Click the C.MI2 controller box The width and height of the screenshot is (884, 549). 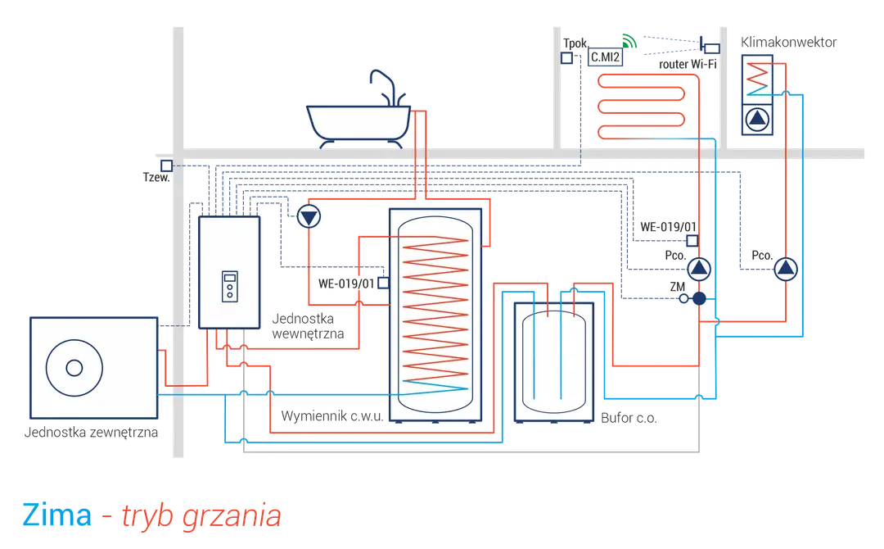pos(605,57)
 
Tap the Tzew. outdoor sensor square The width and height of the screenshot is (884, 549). pos(166,166)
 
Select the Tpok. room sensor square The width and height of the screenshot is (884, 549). pos(566,57)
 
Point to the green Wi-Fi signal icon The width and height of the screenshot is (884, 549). pos(629,41)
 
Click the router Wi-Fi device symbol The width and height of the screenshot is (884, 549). pos(709,46)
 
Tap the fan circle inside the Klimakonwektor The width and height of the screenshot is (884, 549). pos(757,119)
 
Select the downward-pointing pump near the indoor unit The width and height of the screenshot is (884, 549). pos(309,216)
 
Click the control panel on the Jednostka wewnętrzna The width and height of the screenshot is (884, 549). pos(229,286)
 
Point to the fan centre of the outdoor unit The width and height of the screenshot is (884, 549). pos(74,368)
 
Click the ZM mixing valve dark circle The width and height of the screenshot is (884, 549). pos(699,298)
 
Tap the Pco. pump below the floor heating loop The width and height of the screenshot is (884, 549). pos(699,269)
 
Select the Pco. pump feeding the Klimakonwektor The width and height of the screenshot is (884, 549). pos(785,269)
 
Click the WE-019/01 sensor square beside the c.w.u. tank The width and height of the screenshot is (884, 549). pos(383,283)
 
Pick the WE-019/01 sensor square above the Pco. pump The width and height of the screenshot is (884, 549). pos(692,241)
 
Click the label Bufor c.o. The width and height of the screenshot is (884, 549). pos(629,418)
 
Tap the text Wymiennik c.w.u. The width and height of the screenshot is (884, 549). pos(332,416)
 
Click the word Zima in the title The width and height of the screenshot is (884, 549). pos(57,515)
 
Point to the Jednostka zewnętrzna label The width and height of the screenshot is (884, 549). pos(91,433)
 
